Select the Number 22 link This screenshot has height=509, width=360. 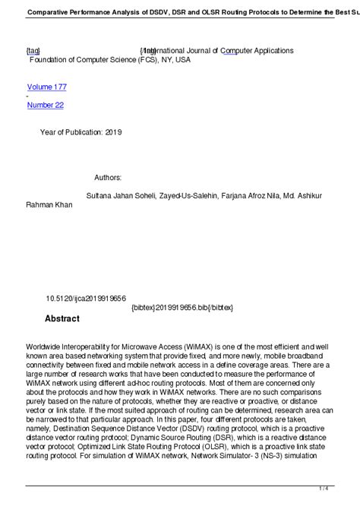tap(46, 105)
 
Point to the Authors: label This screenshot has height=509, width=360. tap(108, 177)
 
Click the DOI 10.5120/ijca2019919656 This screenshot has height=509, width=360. tap(86, 300)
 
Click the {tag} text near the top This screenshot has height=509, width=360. tap(33, 50)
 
